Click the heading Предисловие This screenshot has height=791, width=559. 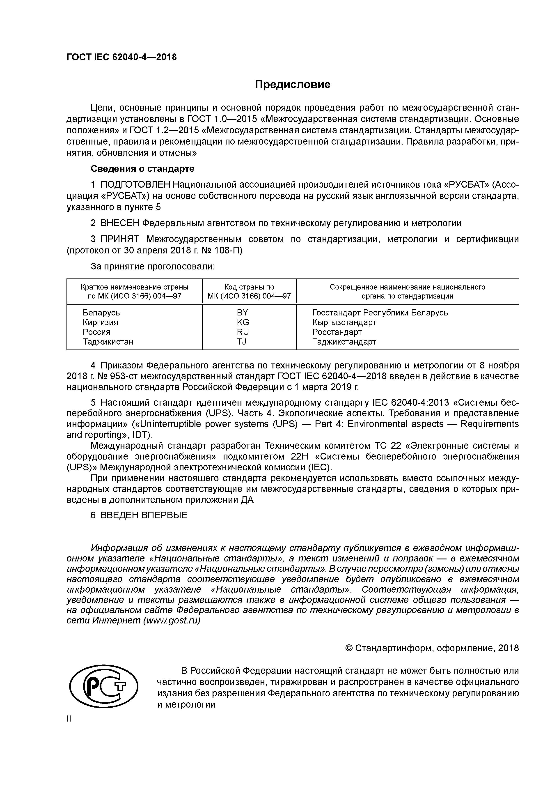(x=292, y=84)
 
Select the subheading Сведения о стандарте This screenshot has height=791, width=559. (x=142, y=169)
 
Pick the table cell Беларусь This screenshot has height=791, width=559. (x=101, y=313)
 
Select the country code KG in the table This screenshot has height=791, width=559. (x=243, y=322)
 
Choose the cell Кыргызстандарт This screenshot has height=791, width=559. (x=344, y=322)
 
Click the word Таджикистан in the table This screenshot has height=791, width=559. (x=108, y=342)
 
